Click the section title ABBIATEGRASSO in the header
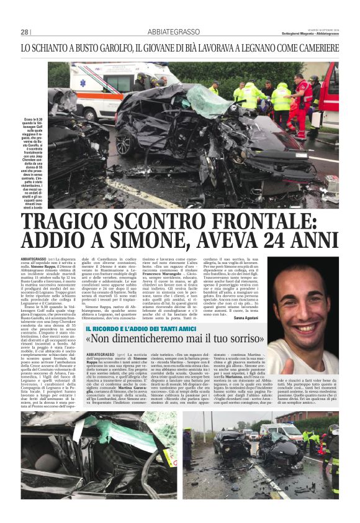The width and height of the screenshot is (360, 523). pyautogui.click(x=173, y=32)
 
